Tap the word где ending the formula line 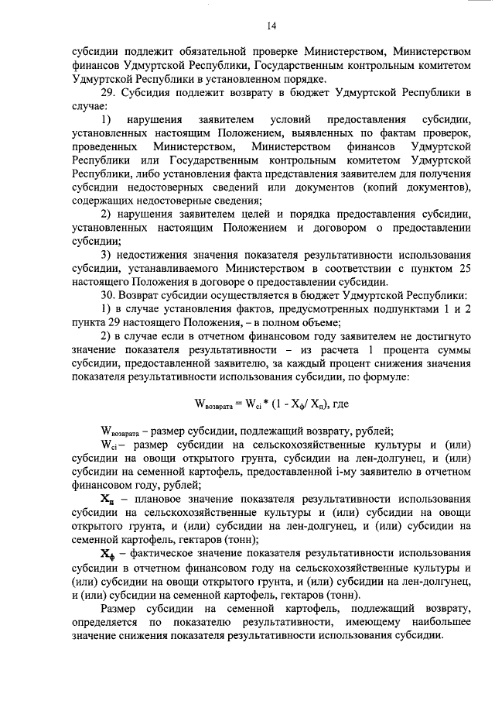(343, 404)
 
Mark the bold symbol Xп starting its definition (108, 500)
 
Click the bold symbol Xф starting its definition (108, 555)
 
